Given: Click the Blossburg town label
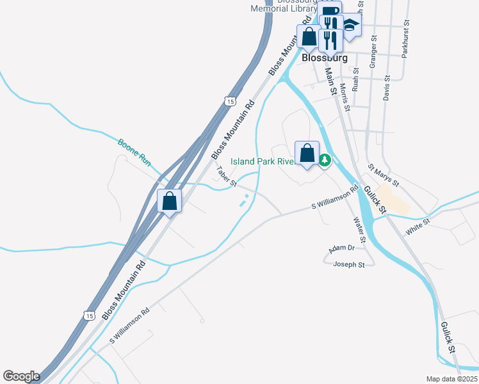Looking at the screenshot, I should coord(324,58).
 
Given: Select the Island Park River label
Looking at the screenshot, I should coord(262,162).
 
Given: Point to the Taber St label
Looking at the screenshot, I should coord(226,177).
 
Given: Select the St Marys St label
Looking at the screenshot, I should coord(384,175).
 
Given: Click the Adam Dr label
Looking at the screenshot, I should coord(341,248).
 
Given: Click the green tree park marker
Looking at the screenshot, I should coord(325,159).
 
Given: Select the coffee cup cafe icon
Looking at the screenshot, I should coord(330,12).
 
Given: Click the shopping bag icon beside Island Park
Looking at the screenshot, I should coord(307,154).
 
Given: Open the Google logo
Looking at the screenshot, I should coord(21,376).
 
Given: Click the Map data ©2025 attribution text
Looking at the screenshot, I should coord(451,379).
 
